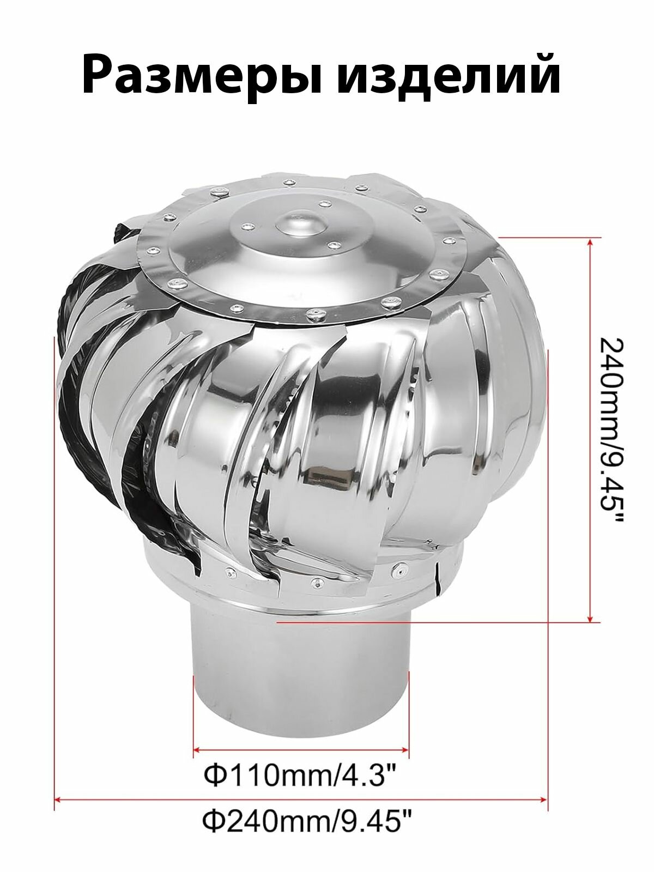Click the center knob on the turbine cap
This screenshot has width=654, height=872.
(301, 225)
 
